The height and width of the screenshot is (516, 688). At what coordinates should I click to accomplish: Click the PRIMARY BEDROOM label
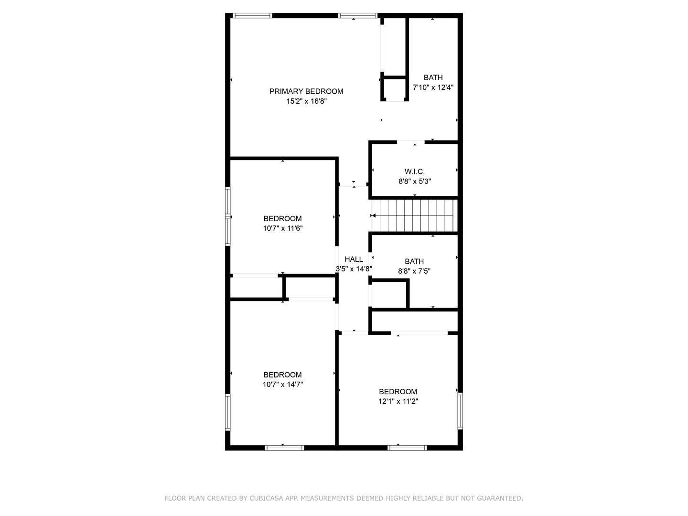306,91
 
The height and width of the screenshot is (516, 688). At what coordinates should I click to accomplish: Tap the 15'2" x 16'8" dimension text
306,101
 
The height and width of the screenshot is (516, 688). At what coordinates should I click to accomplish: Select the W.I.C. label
414,172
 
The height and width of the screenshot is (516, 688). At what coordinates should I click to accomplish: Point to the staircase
414,215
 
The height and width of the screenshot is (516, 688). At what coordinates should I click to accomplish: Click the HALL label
354,259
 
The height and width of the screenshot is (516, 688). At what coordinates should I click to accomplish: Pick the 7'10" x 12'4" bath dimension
433,87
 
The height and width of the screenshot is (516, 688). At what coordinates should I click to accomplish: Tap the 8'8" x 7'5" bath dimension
414,271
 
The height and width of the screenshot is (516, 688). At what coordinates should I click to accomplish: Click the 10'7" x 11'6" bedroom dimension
283,228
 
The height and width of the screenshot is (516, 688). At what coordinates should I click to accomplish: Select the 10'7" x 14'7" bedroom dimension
283,385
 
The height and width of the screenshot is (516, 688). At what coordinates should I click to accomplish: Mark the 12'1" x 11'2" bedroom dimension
398,402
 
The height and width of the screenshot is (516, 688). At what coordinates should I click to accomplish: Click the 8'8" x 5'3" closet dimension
415,181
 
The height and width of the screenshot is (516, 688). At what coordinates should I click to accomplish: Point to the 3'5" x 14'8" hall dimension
354,269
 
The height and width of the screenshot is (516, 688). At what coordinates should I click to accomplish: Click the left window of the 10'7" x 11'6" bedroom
228,216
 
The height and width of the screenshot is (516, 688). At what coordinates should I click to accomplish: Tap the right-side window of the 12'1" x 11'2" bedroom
460,410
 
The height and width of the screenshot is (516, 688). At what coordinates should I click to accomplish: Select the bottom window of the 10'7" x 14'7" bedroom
284,448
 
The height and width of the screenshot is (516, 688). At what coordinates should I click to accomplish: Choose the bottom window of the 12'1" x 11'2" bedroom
407,448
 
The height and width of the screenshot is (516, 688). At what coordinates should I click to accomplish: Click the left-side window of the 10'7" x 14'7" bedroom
228,412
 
